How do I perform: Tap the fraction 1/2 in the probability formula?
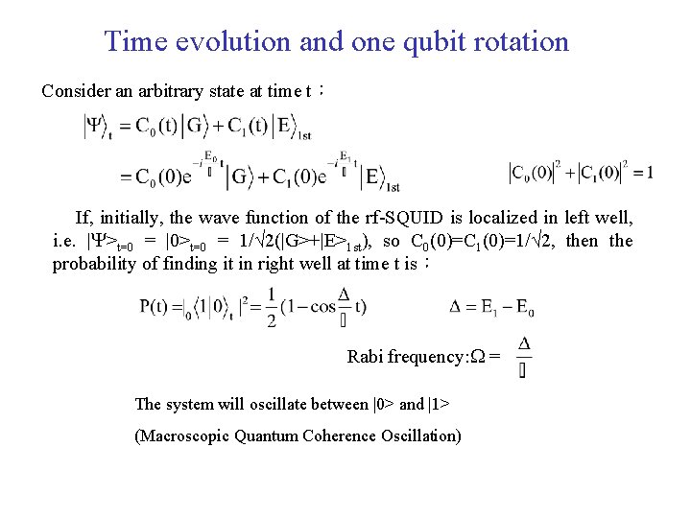click(272, 308)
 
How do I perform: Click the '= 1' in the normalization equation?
click(642, 173)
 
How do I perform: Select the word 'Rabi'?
click(364, 357)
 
